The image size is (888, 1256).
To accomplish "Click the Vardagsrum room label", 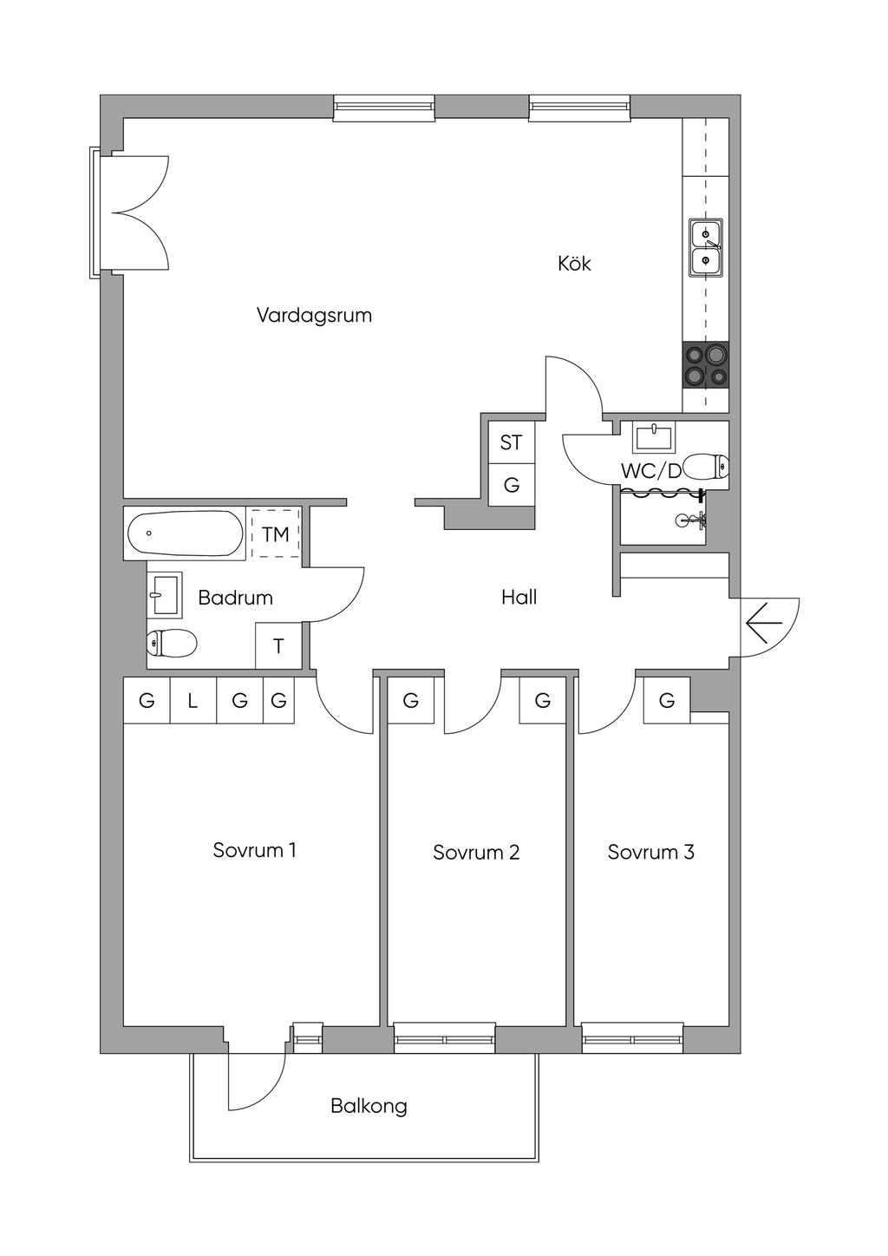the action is (314, 315).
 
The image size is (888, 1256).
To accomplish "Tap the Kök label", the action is (574, 263).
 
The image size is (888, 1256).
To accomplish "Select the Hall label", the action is (519, 597).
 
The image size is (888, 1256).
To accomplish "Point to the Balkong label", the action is (369, 1106).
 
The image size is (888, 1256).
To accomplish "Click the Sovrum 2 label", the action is (476, 853).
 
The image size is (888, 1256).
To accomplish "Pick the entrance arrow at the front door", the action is (763, 623).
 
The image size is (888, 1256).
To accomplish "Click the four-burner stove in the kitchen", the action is (706, 365).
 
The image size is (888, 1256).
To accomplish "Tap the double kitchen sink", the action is (706, 247).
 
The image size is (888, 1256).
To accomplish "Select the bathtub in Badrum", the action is (185, 533).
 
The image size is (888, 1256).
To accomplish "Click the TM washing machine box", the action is (275, 533).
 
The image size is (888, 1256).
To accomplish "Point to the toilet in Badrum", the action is (172, 643).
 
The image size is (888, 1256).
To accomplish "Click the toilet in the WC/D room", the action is (707, 466).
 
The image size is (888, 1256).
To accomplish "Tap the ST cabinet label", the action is (511, 443).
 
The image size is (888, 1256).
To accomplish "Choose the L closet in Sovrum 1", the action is (193, 700).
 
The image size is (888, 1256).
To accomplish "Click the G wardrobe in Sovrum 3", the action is (667, 700).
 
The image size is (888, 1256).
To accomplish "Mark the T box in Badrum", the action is (278, 645).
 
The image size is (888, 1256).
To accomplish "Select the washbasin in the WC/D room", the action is (654, 437).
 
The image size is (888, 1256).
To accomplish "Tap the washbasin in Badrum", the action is (165, 594).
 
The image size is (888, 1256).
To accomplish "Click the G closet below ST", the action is (512, 485).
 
